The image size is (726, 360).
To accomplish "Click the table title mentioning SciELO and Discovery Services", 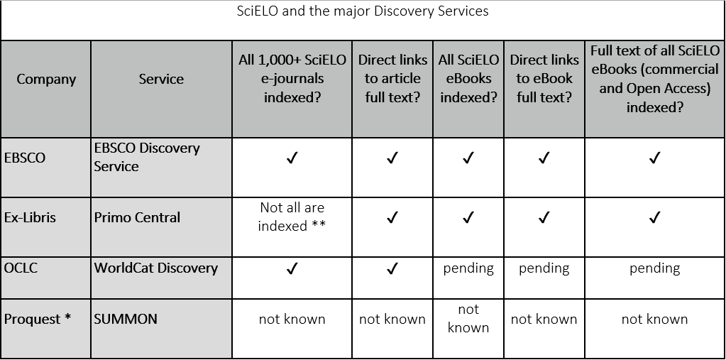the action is tap(363, 11).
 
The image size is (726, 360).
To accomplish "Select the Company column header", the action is tap(46, 79).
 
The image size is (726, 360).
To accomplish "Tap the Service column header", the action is tap(161, 79).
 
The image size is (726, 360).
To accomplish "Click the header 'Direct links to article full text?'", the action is tap(392, 79).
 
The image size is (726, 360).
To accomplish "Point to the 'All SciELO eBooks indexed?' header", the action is tap(468, 79).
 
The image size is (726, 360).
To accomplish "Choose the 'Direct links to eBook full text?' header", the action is tap(544, 79).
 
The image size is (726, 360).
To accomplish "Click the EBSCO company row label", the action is tap(25, 158).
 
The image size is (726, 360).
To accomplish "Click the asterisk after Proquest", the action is tap(67, 317).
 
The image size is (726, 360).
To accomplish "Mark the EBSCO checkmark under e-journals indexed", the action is tap(292, 158).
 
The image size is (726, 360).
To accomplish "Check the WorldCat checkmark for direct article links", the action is tap(392, 268).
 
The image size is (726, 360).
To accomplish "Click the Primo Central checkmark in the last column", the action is tap(654, 217).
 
